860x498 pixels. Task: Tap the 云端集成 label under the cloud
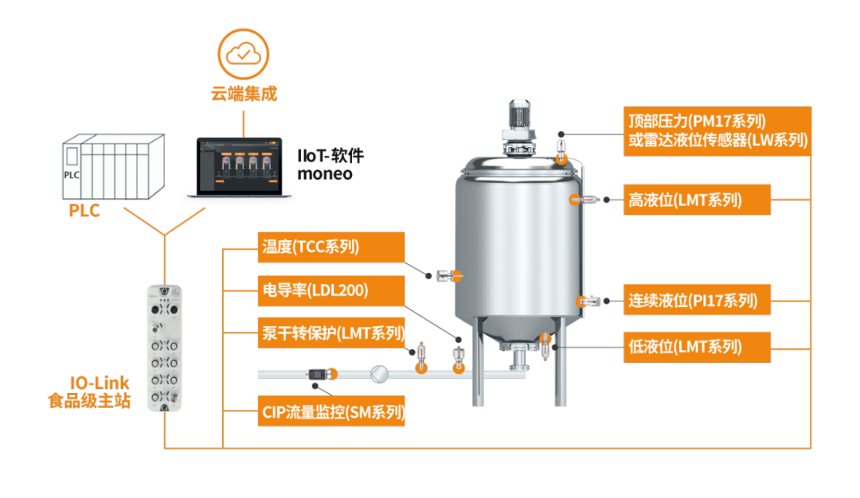[244, 94]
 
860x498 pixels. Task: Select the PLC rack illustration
[112, 165]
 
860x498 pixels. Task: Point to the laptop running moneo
[237, 165]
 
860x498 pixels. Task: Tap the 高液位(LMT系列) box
[696, 200]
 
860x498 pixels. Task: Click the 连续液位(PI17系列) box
[696, 301]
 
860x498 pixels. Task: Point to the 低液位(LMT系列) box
[696, 347]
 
